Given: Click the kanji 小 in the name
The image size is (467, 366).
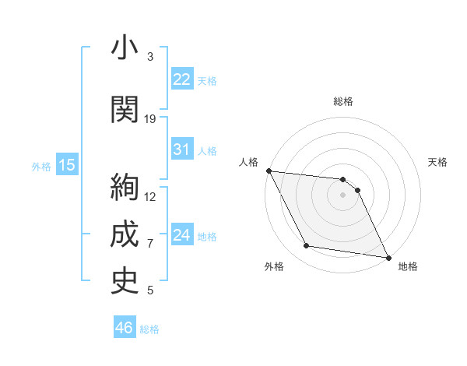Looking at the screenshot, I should (x=125, y=48).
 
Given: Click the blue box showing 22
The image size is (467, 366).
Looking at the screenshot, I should (x=182, y=79).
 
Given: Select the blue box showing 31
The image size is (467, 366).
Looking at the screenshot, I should (x=182, y=150).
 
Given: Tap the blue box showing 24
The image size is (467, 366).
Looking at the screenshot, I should (x=182, y=235).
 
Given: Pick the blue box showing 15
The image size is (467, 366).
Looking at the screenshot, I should (x=66, y=165).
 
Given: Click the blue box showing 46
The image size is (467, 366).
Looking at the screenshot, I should (x=125, y=328).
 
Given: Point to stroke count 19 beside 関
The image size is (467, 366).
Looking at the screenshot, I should (x=150, y=119).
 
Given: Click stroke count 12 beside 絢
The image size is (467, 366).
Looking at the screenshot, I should (x=150, y=196).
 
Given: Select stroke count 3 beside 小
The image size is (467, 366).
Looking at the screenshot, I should (x=150, y=57).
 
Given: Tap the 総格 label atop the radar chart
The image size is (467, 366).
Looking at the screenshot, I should (x=343, y=101).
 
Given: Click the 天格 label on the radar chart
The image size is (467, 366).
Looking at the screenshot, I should (x=438, y=162).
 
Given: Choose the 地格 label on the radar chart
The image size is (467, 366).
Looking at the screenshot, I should (x=408, y=266).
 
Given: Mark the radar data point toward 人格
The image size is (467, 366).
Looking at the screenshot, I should (x=269, y=171).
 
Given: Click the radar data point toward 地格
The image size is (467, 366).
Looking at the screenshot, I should (x=388, y=256).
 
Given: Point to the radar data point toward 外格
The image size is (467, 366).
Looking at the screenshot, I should (x=307, y=246).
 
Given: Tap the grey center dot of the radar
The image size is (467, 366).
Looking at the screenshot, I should (x=343, y=195).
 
